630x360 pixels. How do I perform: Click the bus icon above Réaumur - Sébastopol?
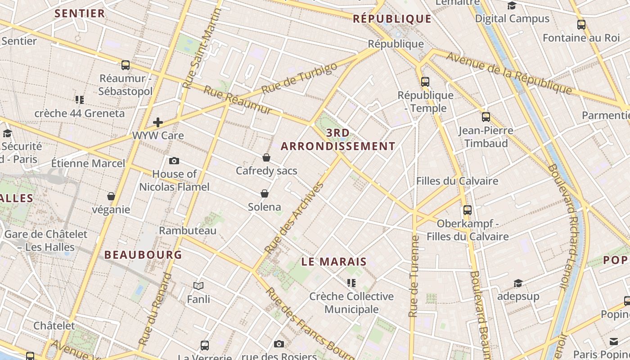point(126,65)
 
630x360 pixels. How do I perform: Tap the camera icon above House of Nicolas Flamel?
point(174,161)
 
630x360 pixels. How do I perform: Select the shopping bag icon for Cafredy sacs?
point(266,157)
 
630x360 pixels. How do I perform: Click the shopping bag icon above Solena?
point(265,193)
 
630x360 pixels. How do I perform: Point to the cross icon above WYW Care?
point(158,122)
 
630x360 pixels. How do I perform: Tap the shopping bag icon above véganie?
point(111,196)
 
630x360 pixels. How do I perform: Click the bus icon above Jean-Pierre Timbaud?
point(486,117)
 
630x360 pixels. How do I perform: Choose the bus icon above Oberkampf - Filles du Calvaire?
point(468,210)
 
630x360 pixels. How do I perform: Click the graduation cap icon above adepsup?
point(518,283)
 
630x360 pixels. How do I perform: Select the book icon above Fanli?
point(198,286)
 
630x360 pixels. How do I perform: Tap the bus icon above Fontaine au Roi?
point(581,25)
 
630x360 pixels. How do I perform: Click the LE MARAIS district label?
point(334,261)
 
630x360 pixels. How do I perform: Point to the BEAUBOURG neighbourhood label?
point(143,255)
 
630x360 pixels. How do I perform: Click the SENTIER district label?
point(80,13)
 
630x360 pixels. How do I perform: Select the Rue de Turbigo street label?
point(299,78)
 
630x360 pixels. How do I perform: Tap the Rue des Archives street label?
point(294,217)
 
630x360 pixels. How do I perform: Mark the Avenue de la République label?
point(509,72)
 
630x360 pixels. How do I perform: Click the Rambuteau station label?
point(188,230)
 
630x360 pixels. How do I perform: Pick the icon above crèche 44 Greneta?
point(80,99)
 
